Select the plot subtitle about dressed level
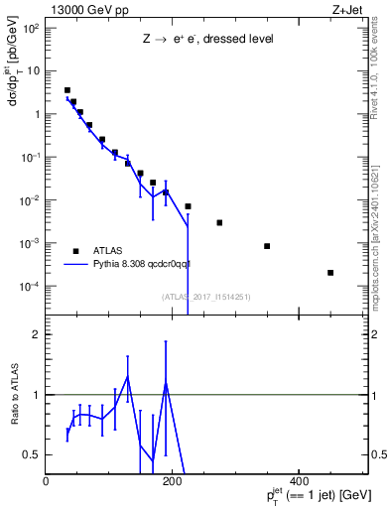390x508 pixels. pos(207,39)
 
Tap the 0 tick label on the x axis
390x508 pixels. pos(46,481)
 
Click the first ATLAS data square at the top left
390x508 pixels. pos(66,90)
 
